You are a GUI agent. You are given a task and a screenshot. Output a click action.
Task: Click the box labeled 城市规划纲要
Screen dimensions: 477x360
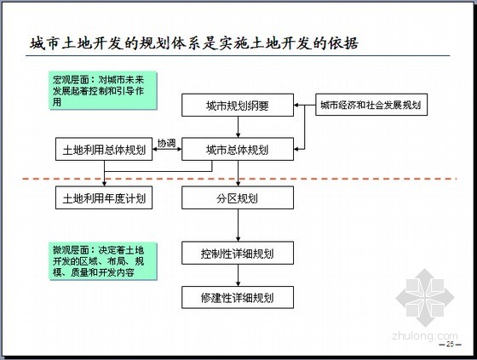[x=238, y=106]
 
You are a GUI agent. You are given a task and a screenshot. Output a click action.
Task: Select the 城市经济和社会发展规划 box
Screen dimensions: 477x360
[x=371, y=105]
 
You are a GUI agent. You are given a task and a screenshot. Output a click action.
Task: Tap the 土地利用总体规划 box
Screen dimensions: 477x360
[x=104, y=149]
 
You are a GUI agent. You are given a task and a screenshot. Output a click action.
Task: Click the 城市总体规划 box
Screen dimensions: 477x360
[x=238, y=149]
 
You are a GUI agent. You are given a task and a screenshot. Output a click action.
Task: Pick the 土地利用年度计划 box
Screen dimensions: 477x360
[x=104, y=198]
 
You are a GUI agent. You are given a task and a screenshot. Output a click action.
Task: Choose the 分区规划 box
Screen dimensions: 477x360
[x=238, y=198]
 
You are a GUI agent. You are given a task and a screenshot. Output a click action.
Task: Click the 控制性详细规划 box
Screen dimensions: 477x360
[x=238, y=253]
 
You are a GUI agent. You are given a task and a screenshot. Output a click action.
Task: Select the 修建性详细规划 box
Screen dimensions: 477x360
[x=238, y=297]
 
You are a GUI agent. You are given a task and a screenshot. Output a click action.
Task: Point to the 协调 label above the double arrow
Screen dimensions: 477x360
[x=167, y=143]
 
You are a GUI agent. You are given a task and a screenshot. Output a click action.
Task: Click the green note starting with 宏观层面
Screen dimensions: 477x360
[x=103, y=90]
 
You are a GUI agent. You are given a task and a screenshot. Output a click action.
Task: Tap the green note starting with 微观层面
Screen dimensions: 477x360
[x=103, y=261]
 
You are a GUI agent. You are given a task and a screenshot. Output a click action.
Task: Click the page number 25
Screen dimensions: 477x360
[x=450, y=344]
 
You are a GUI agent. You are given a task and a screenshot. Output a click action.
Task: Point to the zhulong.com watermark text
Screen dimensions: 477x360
[x=425, y=336]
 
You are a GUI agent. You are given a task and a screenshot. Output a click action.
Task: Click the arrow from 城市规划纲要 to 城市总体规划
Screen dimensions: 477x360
[x=238, y=127]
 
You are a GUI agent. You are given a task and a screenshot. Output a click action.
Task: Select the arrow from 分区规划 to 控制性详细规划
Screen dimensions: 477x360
[x=238, y=226]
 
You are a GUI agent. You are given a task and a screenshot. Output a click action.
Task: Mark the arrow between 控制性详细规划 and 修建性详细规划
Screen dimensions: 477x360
[x=238, y=275]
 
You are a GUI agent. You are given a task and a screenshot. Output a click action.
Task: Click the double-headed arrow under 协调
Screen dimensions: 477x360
[x=167, y=149]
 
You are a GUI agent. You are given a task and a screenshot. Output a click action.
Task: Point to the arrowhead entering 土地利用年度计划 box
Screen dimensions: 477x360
[x=104, y=184]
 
